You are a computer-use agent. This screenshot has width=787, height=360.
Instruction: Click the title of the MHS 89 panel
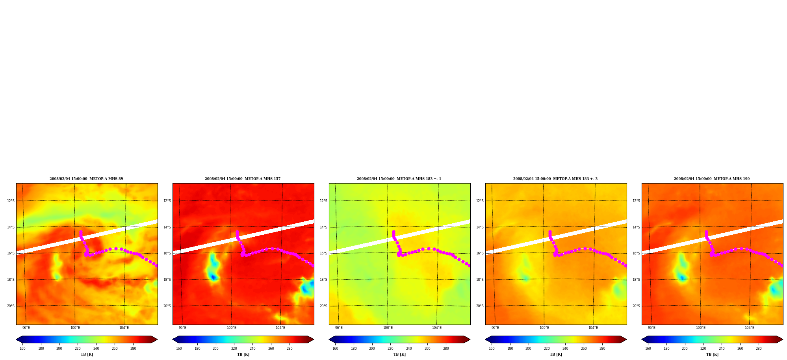point(86,179)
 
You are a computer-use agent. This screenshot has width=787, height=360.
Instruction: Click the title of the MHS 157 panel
point(243,179)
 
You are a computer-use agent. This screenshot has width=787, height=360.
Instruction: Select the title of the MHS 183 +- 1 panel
point(399,179)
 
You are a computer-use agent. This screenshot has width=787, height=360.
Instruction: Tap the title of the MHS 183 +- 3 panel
point(555,179)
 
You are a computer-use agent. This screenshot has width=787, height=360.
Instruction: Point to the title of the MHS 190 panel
point(712,179)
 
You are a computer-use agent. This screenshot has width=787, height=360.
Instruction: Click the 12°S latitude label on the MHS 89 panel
point(11,201)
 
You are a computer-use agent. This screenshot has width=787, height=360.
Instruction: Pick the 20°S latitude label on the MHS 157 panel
point(167,306)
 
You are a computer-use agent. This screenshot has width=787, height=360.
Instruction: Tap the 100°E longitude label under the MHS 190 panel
point(700,328)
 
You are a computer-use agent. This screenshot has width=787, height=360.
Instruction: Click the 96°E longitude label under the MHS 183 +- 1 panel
point(339,328)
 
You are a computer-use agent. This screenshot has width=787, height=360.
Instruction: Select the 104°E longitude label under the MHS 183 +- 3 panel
point(593,328)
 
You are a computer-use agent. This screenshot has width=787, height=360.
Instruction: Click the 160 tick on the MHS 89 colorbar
point(22,349)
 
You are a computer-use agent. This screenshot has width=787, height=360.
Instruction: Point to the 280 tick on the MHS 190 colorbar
point(759,349)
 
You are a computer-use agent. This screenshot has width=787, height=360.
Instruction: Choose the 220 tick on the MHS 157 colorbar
point(234,349)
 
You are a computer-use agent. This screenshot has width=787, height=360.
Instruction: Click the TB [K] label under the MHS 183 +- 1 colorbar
point(399,354)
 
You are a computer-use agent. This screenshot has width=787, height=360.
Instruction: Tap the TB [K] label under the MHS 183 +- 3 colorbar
point(556,354)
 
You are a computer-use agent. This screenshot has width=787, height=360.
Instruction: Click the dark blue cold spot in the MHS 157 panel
point(213,277)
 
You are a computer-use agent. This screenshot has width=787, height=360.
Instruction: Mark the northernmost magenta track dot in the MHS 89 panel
point(81,232)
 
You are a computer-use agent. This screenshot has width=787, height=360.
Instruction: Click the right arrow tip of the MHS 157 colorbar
point(314,340)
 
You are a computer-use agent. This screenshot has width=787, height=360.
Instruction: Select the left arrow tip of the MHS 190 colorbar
point(642,340)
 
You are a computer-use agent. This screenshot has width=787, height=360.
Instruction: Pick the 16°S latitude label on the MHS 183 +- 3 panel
point(480,253)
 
